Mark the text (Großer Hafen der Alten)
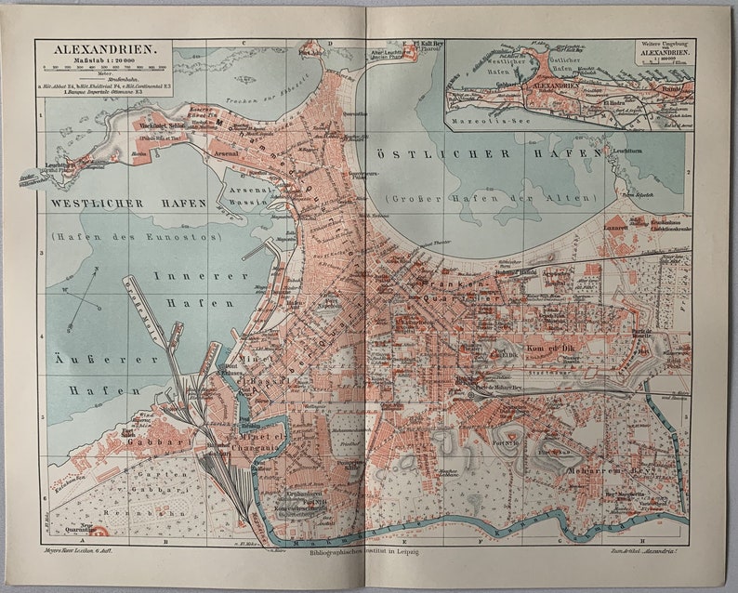(x=494, y=197)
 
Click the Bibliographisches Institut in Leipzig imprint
(x=367, y=552)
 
